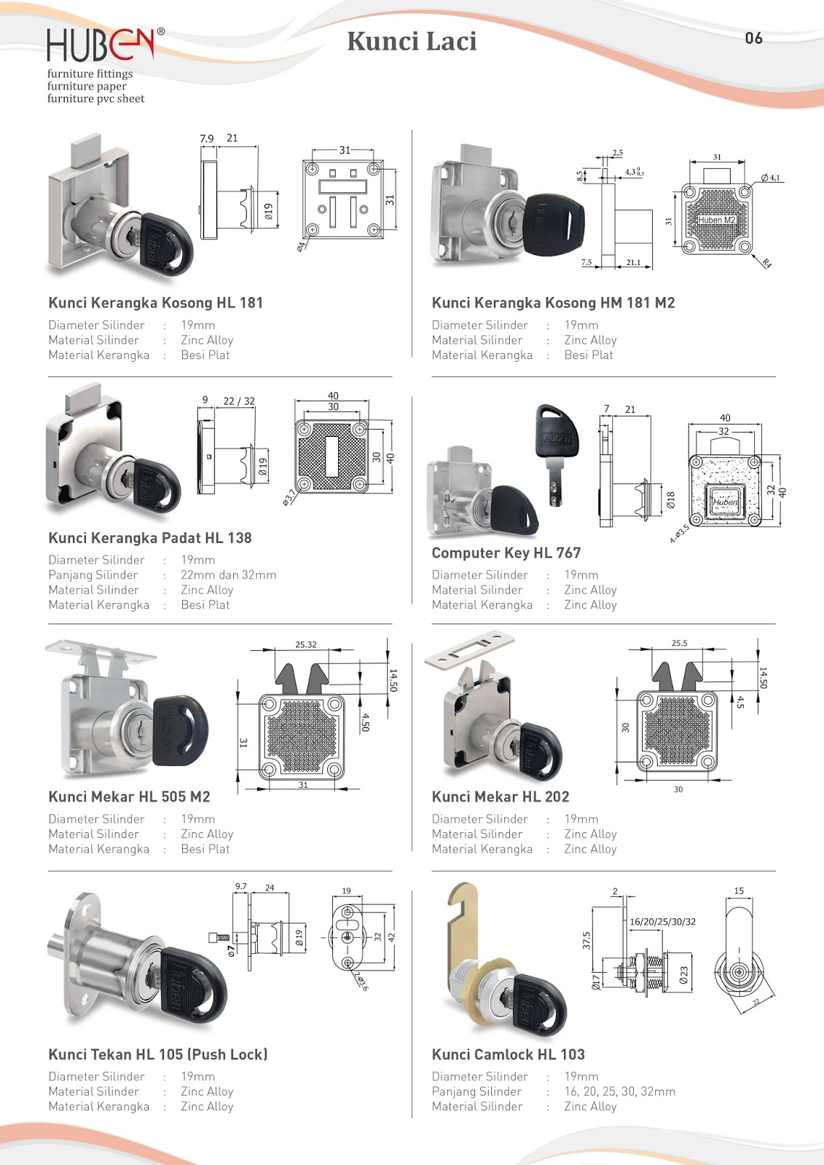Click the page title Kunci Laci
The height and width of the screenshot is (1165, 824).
[412, 42]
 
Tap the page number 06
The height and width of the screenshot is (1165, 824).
[753, 39]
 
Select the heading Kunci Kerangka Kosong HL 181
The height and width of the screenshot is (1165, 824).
[155, 303]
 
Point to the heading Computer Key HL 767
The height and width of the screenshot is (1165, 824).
[506, 553]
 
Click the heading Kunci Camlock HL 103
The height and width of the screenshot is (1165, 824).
[508, 1054]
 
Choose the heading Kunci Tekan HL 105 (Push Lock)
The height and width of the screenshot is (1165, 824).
[157, 1054]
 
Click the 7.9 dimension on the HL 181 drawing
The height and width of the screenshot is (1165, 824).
[207, 138]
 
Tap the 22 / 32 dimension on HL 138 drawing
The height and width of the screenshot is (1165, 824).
[239, 401]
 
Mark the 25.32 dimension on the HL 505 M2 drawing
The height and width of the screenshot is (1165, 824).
[306, 644]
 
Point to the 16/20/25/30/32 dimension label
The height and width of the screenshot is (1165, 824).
[662, 922]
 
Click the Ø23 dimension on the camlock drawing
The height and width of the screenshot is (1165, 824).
[683, 976]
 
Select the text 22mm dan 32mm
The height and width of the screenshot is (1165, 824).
[228, 575]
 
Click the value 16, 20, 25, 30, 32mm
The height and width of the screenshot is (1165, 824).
[619, 1091]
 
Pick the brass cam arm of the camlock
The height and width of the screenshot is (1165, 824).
[460, 925]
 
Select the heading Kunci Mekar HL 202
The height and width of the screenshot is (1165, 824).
[500, 797]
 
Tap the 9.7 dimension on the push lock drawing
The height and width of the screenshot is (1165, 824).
[240, 886]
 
